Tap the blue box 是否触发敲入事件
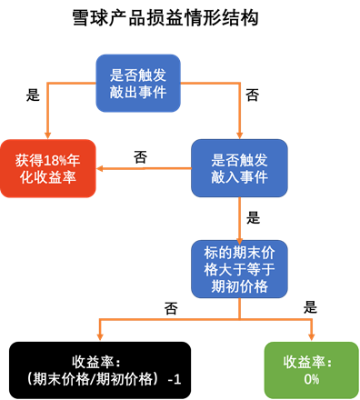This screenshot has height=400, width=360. click(240, 168)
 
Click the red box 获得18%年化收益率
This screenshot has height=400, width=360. click(48, 168)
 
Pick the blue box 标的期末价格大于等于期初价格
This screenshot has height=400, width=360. click(240, 269)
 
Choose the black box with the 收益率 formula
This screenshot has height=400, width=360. click(98, 369)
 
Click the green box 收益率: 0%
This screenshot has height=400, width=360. click(312, 369)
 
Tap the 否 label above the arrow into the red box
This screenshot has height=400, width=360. click(140, 156)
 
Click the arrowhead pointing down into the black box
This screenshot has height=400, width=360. click(98, 336)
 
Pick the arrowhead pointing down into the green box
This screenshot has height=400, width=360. click(312, 336)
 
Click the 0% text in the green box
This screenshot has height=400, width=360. click(312, 379)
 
